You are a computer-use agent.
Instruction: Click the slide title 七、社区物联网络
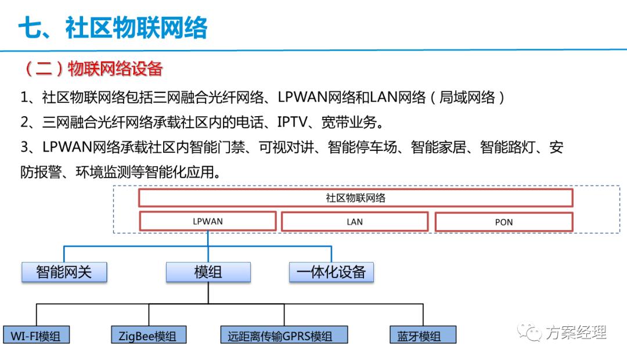click(x=113, y=27)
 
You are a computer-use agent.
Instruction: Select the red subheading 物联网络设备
click(x=115, y=69)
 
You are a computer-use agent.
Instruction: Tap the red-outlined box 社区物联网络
click(x=355, y=198)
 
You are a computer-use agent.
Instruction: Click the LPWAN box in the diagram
click(x=207, y=221)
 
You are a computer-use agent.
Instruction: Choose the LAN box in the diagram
click(x=355, y=222)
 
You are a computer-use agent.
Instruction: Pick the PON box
click(x=503, y=222)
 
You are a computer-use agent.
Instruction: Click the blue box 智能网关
click(x=64, y=272)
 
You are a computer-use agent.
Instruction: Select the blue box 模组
click(x=208, y=272)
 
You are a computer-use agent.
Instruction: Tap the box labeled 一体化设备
click(x=331, y=272)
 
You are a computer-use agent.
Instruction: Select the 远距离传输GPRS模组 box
click(x=284, y=335)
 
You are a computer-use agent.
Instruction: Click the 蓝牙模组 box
click(x=422, y=335)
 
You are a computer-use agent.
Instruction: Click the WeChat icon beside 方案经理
click(x=531, y=332)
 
